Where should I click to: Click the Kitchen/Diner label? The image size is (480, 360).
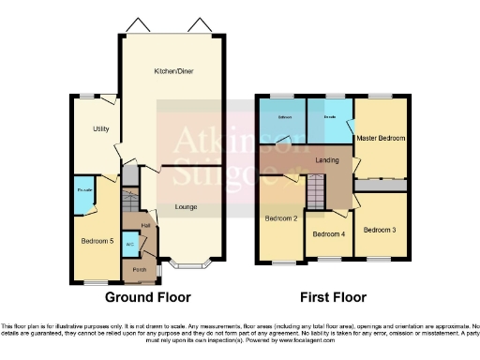pyautogui.click(x=174, y=70)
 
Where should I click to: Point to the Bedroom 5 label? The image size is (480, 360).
pyautogui.click(x=97, y=241)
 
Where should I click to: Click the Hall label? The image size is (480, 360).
pyautogui.click(x=145, y=226)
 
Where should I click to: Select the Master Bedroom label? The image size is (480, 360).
pyautogui.click(x=381, y=139)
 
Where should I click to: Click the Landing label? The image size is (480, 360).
pyautogui.click(x=327, y=159)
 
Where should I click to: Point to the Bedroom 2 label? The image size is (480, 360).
pyautogui.click(x=281, y=218)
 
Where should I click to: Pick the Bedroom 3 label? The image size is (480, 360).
pyautogui.click(x=381, y=230)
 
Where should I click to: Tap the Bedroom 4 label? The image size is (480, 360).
pyautogui.click(x=328, y=233)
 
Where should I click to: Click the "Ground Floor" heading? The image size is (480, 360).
pyautogui.click(x=142, y=297)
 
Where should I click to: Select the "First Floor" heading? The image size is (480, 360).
pyautogui.click(x=333, y=297)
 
